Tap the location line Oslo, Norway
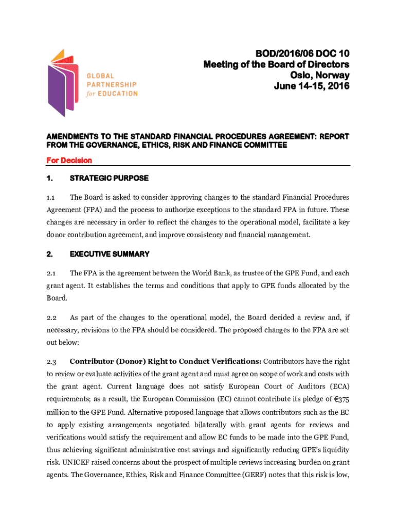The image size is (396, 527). pyautogui.click(x=321, y=75)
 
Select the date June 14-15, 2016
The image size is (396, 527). pyautogui.click(x=312, y=86)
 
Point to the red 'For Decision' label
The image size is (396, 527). pyautogui.click(x=69, y=161)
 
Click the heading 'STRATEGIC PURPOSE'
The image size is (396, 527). pyautogui.click(x=109, y=178)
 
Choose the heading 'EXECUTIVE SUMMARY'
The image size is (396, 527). pyautogui.click(x=110, y=254)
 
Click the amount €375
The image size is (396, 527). pyautogui.click(x=338, y=399)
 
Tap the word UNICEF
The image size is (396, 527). pyautogui.click(x=61, y=461)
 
